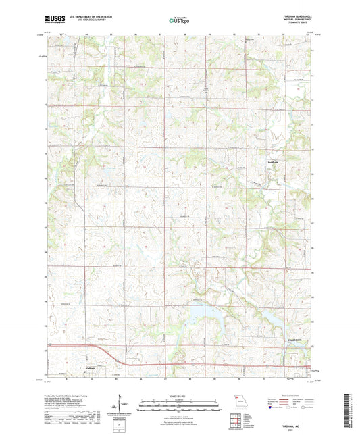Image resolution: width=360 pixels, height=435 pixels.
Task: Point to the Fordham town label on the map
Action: (x=273, y=162)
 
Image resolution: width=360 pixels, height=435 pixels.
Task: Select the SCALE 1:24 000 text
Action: (x=179, y=395)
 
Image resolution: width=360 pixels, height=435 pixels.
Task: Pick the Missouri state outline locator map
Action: (x=235, y=400)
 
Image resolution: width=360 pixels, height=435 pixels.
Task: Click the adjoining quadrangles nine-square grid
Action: (x=235, y=419)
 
